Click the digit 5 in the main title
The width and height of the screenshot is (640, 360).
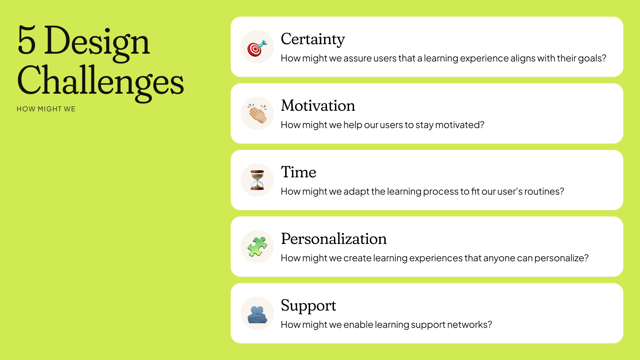pyautogui.click(x=27, y=40)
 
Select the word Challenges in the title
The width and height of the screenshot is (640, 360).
pyautogui.click(x=100, y=83)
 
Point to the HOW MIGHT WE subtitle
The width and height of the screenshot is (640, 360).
pyautogui.click(x=46, y=109)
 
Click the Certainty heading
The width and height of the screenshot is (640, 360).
pyautogui.click(x=313, y=40)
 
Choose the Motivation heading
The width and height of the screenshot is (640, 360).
pyautogui.click(x=318, y=106)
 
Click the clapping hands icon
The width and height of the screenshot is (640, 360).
pyautogui.click(x=257, y=113)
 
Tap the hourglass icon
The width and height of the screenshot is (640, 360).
pyautogui.click(x=257, y=180)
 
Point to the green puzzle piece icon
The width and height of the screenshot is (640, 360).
pyautogui.click(x=257, y=247)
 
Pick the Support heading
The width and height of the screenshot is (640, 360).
pyautogui.click(x=308, y=306)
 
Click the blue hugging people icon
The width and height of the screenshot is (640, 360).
pyautogui.click(x=257, y=315)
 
